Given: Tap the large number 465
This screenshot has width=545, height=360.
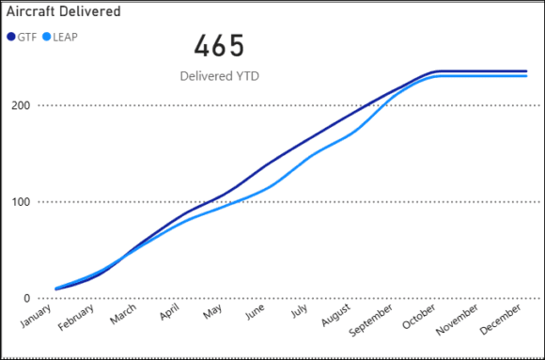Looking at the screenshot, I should pos(219,47).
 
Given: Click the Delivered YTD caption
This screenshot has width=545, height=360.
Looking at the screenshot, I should pos(219,75).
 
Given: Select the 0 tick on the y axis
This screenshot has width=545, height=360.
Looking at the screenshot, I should pos(26,299).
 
